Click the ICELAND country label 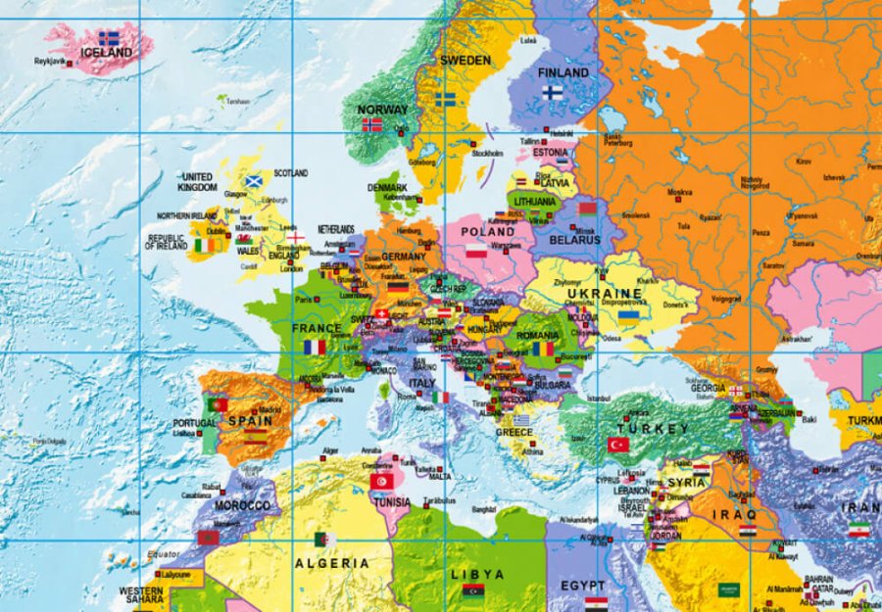point(107,53)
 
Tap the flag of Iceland point(109,38)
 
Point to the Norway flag point(372,125)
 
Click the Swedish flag point(446,99)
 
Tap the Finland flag point(553,92)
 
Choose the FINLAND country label point(563,72)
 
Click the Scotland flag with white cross point(253,181)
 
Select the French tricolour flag point(315,347)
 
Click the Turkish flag point(618,444)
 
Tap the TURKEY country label point(653,429)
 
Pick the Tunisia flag point(382,482)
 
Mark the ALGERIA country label point(333,563)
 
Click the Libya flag point(473,590)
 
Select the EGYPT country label point(582,586)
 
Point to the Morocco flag point(207,538)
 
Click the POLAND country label point(488,232)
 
